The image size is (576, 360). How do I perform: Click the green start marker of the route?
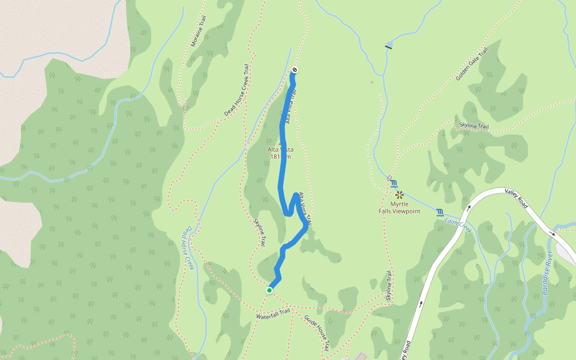click(x=269, y=290)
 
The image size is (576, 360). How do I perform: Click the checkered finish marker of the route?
click(x=295, y=70)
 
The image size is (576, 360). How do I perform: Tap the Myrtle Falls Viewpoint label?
click(x=399, y=208)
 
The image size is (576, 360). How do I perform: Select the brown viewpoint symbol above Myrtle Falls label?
click(x=399, y=194)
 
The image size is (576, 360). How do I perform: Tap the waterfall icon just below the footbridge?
click(x=394, y=185)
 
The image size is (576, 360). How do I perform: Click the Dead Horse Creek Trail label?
click(x=236, y=91)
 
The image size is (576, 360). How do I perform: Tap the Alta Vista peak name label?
click(x=280, y=149)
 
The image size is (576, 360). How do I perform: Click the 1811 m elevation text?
click(x=280, y=157)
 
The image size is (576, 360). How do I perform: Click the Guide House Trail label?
click(x=316, y=333)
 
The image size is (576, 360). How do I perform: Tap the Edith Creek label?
click(x=458, y=225)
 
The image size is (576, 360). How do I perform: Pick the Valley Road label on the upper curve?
click(x=517, y=197)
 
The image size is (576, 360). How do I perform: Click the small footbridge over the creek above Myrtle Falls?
click(x=389, y=178)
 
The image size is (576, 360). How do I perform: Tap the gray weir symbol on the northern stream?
click(x=389, y=46)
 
